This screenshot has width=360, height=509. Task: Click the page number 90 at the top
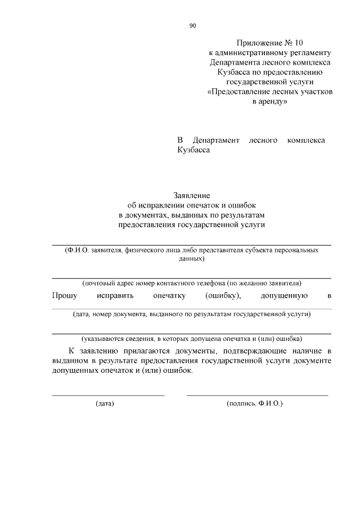[192, 26]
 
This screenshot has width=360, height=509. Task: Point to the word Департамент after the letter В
[216, 140]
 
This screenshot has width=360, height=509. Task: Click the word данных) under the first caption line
[191, 259]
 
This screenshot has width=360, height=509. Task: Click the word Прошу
[64, 295]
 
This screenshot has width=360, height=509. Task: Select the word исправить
[115, 295]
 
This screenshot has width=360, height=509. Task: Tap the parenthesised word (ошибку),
[223, 295]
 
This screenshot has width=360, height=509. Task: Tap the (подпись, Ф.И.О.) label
[254, 404]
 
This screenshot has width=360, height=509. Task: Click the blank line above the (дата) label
[108, 395]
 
